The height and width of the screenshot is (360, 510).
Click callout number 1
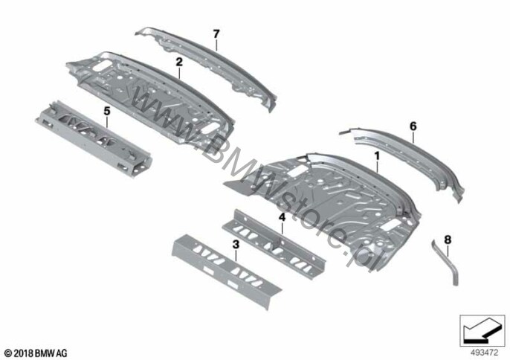pyautogui.click(x=377, y=156)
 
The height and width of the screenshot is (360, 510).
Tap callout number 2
pyautogui.click(x=179, y=62)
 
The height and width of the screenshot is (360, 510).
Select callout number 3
pyautogui.click(x=236, y=245)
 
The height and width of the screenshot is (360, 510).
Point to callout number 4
pyautogui.click(x=282, y=217)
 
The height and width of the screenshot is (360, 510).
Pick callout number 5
pyautogui.click(x=107, y=112)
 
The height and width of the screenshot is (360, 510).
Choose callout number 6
pyautogui.click(x=413, y=126)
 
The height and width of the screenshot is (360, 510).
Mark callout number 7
pyautogui.click(x=216, y=33)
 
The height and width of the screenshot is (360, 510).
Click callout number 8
pyautogui.click(x=448, y=240)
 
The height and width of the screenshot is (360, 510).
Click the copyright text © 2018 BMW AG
pyautogui.click(x=36, y=353)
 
